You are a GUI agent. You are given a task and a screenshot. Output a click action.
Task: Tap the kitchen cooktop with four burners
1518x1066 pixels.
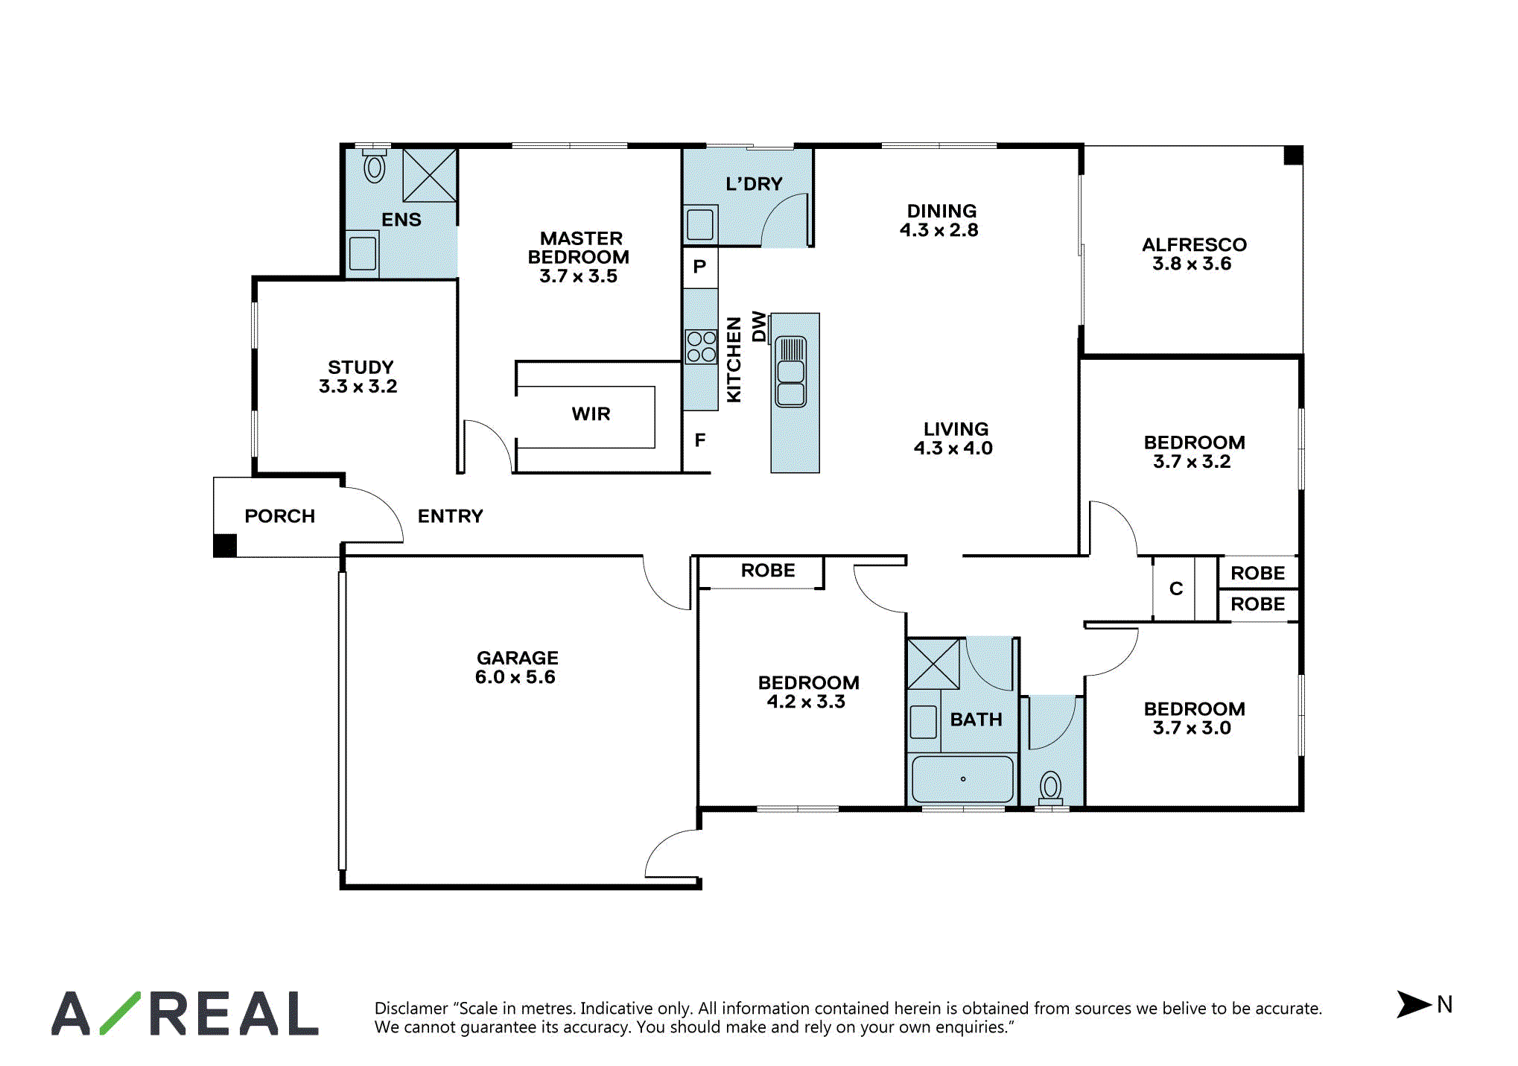[x=701, y=346]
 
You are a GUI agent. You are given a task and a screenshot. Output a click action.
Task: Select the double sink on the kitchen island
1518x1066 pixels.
[x=790, y=372]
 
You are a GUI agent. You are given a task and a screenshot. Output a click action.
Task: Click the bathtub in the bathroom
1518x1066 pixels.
[x=962, y=779]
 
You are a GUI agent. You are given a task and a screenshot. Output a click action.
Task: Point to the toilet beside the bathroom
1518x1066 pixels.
[x=1050, y=788]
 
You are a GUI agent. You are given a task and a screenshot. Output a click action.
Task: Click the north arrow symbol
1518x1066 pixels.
[x=1413, y=1003]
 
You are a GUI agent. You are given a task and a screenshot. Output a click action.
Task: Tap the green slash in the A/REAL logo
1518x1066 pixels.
[x=120, y=1012]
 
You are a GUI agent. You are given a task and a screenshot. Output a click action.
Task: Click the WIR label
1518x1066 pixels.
[x=591, y=413]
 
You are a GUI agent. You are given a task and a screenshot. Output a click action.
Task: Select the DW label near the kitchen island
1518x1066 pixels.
[x=758, y=326]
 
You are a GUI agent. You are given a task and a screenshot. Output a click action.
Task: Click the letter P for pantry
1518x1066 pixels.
[x=699, y=266]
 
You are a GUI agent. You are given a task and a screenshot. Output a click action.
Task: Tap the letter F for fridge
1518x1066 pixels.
[x=699, y=440]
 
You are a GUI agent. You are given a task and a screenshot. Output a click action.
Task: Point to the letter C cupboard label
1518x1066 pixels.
[x=1176, y=588]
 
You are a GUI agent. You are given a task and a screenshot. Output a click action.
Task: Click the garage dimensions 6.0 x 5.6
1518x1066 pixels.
[x=515, y=676]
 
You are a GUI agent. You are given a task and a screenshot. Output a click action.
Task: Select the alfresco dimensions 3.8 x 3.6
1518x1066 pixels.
[x=1192, y=264]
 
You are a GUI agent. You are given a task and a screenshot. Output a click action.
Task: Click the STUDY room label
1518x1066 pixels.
[x=361, y=367]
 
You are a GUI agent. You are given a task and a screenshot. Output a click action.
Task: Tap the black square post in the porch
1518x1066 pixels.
[x=225, y=545]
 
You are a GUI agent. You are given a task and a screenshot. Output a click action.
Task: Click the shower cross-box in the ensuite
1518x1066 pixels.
[x=429, y=175]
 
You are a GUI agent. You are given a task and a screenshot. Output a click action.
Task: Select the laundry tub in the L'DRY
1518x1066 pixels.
[x=700, y=224]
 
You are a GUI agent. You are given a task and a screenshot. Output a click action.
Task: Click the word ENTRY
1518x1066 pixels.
[x=450, y=515]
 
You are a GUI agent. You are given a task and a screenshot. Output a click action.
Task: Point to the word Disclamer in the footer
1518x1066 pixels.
[x=411, y=1008]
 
